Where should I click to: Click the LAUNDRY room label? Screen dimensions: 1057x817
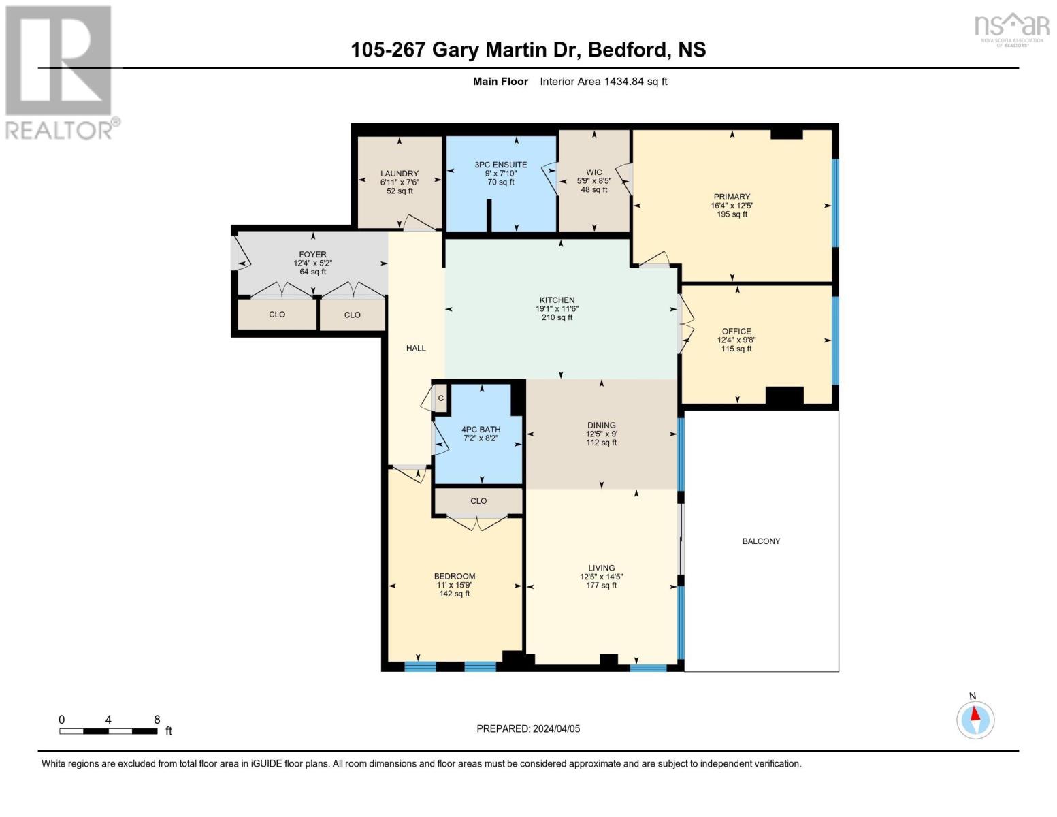(x=400, y=173)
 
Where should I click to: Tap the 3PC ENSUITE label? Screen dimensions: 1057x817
(x=500, y=165)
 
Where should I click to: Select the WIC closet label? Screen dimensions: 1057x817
(x=594, y=172)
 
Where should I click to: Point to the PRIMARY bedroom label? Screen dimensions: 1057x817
(x=732, y=197)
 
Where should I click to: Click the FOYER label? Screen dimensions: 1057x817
(x=313, y=254)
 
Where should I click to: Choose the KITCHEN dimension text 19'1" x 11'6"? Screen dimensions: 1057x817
(x=557, y=308)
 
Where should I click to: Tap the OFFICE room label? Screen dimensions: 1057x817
(x=736, y=331)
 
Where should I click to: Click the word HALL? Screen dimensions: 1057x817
(x=416, y=348)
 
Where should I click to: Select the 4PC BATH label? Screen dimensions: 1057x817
(x=481, y=429)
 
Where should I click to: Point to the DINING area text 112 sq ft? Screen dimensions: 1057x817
(x=601, y=443)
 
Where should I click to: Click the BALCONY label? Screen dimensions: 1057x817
(x=761, y=541)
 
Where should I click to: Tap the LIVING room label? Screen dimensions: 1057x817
(x=601, y=567)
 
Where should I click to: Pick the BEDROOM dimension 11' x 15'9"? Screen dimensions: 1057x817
(x=455, y=585)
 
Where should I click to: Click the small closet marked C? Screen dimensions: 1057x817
(x=441, y=398)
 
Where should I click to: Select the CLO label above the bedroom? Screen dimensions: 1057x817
(x=478, y=500)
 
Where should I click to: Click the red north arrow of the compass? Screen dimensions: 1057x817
(x=975, y=714)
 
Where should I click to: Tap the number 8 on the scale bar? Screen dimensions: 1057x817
(x=157, y=720)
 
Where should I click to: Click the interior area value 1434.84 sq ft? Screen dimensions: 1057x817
(x=635, y=81)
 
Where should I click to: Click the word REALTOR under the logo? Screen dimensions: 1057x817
(x=59, y=130)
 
